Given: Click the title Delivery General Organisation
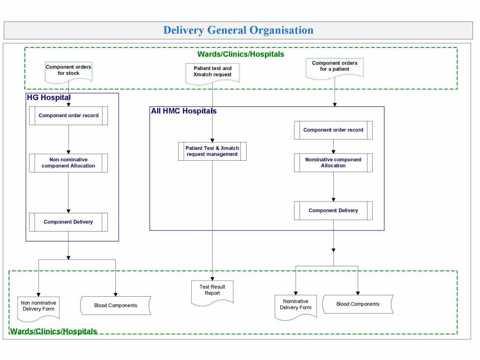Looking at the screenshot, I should pos(238,30).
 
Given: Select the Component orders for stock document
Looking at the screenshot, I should pos(68,70).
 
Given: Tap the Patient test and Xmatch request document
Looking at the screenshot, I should pos(212,72).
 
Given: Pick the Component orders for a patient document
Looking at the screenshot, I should pos(334,67).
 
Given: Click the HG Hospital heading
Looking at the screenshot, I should pos(48,97).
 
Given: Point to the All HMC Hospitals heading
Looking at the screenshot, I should pos(184,111).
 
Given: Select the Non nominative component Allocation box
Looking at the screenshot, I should pos(68,163).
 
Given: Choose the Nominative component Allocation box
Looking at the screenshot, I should pos(333,163).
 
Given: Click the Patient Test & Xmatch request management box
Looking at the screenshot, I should pos(212,151).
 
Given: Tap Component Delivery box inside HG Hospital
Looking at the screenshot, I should pos(68,222).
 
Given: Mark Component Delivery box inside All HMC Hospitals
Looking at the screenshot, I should pos(333,210).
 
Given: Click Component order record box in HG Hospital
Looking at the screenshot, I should pos(68,115).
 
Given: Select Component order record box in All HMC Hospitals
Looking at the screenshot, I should pos(333,130).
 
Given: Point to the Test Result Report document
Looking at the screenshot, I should pos(212,291).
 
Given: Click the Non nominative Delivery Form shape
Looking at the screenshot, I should pos(38,307).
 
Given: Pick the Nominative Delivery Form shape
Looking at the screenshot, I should pos(295,305).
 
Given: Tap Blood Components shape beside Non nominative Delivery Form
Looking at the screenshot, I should pos(116,306).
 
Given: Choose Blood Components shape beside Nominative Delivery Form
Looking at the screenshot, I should pos(358,304).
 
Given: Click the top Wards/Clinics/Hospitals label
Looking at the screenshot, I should pos(240,54).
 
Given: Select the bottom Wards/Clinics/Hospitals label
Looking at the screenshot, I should pos(53,331).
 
